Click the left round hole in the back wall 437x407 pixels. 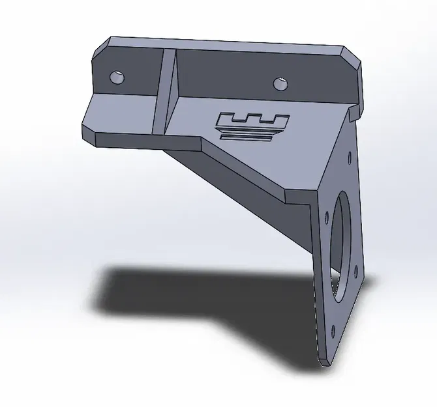coord(117,77)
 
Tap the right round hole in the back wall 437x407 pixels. coord(281,83)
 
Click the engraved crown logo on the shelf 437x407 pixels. coord(251,125)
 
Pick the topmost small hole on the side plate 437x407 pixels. coord(351,157)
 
